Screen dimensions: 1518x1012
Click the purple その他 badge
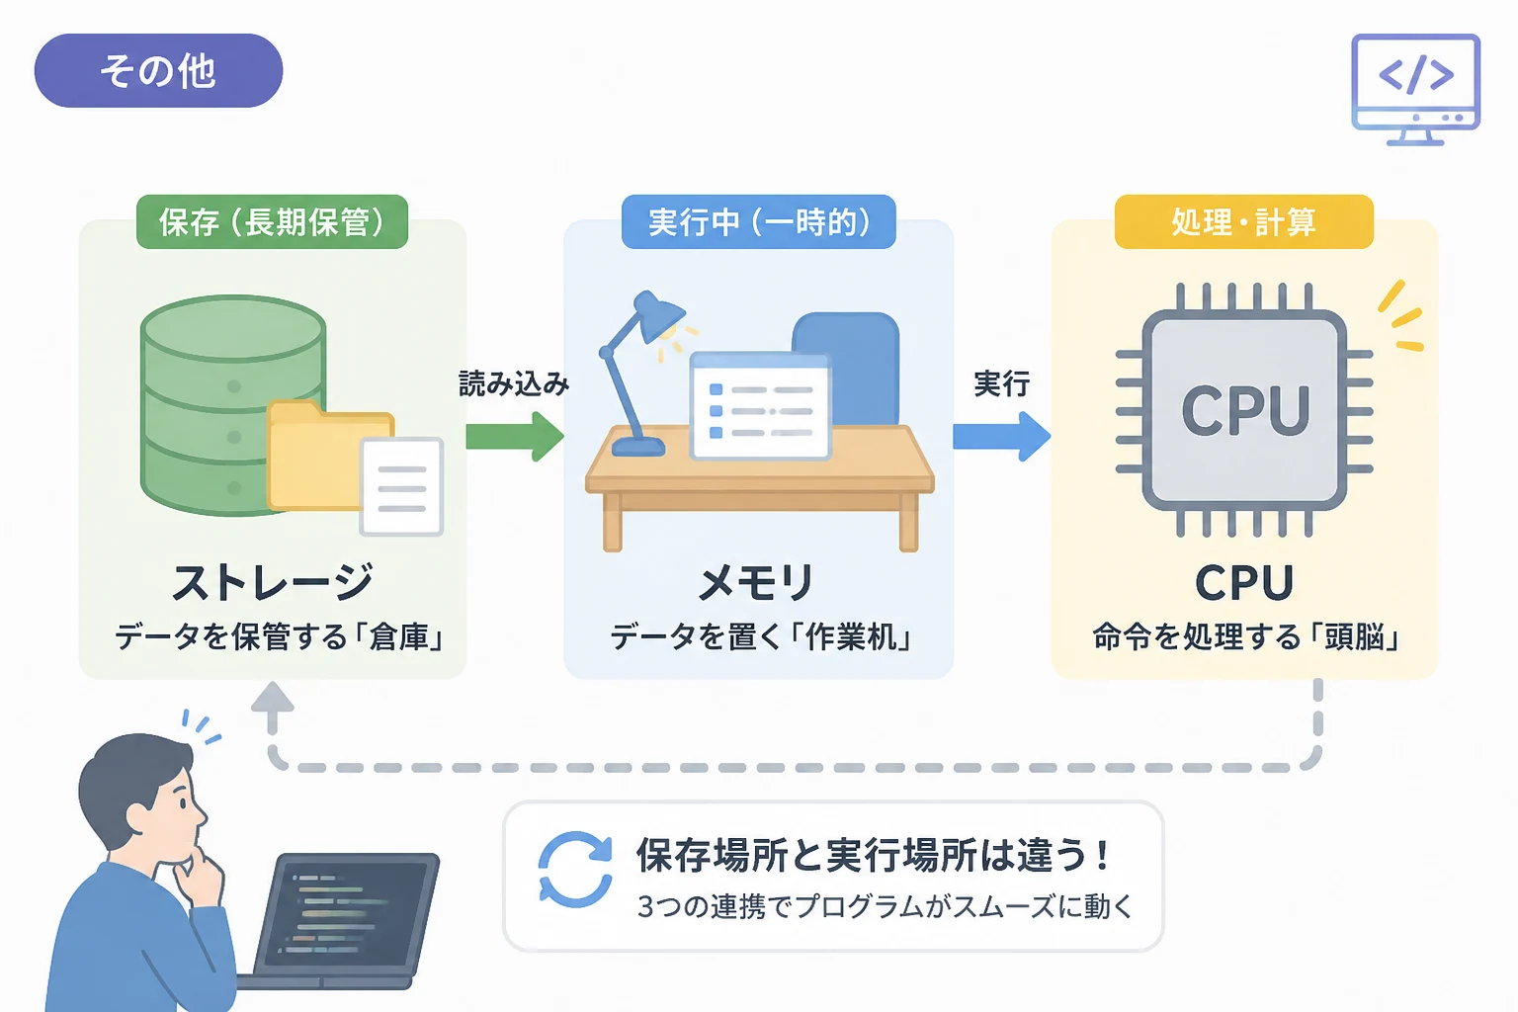(158, 70)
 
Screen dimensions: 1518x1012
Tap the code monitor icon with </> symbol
(1415, 89)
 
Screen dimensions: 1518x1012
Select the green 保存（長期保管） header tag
(273, 221)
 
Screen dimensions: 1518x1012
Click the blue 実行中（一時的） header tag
(758, 221)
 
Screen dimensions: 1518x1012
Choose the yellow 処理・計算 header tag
(1244, 221)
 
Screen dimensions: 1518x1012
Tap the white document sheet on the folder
(402, 486)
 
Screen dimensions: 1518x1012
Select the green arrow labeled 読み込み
(515, 437)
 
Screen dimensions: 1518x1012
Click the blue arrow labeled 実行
(1001, 437)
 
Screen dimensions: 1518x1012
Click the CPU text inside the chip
(1245, 411)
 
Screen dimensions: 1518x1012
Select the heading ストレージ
(273, 582)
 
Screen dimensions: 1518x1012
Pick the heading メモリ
(756, 582)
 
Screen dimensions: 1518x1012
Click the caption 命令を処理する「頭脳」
(1245, 637)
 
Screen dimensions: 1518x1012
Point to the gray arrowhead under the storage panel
(273, 698)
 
